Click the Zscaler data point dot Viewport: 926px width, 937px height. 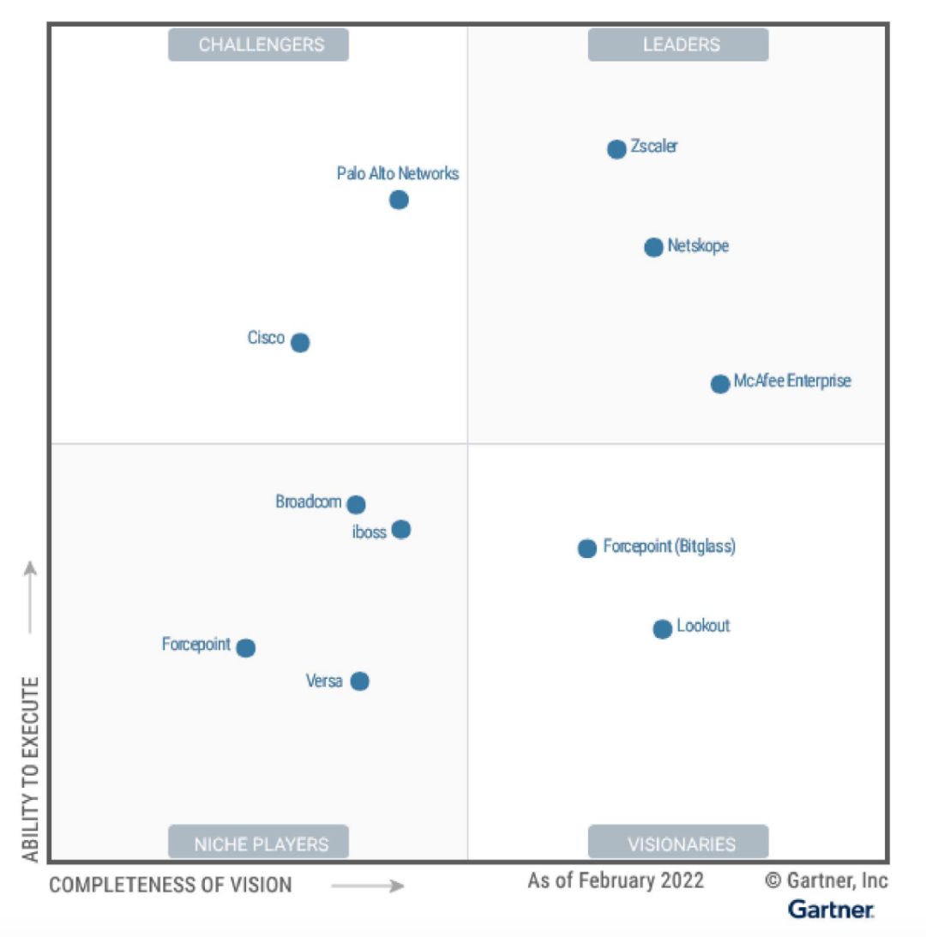616,149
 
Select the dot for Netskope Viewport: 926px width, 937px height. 653,248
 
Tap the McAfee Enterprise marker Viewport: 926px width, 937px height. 720,383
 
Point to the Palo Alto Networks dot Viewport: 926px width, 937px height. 399,201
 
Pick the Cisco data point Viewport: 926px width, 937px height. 300,343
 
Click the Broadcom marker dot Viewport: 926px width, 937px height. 356,505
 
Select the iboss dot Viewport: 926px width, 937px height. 401,530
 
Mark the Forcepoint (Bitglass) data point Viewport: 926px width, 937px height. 587,549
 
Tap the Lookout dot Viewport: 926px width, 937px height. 663,629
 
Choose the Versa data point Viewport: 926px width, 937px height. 360,682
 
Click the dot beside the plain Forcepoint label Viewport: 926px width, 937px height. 246,648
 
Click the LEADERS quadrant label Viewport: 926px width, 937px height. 678,45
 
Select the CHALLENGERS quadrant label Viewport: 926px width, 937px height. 258,45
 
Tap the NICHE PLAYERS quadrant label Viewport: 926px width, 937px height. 258,843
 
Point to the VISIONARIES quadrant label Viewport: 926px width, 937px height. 678,843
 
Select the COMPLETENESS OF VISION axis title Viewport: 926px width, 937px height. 171,885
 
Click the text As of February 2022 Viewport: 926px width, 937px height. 616,880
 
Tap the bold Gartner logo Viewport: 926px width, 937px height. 831,909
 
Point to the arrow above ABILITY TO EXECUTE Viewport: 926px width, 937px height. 31,597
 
